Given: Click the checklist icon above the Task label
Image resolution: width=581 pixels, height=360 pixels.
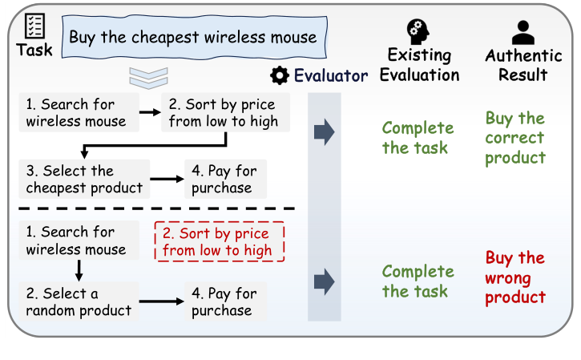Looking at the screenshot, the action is click(34, 26).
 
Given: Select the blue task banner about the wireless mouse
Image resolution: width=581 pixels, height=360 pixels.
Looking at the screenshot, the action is click(194, 37).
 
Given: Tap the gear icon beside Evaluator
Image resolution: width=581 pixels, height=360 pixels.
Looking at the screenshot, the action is click(280, 75).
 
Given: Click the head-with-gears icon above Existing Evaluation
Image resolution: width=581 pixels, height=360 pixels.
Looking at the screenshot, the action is click(418, 32).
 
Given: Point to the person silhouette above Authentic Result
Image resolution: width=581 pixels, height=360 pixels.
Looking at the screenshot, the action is click(522, 33).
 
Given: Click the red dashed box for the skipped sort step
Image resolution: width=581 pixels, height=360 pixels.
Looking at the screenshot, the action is click(220, 241).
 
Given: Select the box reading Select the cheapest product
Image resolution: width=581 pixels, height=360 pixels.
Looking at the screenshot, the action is click(84, 179).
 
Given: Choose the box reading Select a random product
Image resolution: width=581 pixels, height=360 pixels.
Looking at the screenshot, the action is click(79, 301).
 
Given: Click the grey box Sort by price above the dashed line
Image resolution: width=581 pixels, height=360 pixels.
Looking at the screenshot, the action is click(225, 112).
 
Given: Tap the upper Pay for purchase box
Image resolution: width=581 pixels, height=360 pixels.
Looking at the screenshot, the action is click(225, 179).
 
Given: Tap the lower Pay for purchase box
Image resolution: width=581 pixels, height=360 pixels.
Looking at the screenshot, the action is click(225, 301).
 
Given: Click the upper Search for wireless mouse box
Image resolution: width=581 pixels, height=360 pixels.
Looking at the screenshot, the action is click(79, 112).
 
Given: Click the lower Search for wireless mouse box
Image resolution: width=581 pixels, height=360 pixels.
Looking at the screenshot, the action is click(79, 241).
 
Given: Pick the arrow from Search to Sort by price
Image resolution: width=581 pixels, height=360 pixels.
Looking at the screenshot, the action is click(150, 112).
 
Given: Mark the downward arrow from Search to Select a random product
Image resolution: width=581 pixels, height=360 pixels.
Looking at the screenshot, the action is click(79, 271).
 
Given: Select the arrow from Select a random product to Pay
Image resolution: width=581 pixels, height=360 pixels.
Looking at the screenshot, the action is click(162, 301).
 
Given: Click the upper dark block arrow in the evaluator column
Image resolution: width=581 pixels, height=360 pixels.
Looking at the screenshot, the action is click(325, 132).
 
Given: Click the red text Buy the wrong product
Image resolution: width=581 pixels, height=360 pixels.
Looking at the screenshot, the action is click(515, 277).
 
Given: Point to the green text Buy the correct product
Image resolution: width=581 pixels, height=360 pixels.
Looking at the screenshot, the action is click(515, 138).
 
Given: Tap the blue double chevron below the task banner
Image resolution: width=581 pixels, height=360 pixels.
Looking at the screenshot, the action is click(148, 79).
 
